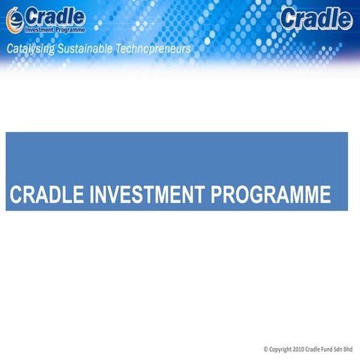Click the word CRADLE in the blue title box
pyautogui.click(x=47, y=195)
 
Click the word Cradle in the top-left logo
pyautogui.click(x=54, y=16)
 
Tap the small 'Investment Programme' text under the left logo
pyautogui.click(x=55, y=30)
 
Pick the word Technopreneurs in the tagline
pyautogui.click(x=157, y=49)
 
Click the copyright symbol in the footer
pyautogui.click(x=265, y=349)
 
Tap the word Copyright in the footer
pyautogui.click(x=282, y=349)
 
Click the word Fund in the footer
pyautogui.click(x=329, y=349)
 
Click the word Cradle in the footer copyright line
pyautogui.click(x=317, y=349)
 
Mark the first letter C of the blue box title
pyautogui.click(x=16, y=195)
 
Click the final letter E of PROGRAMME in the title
pyautogui.click(x=325, y=195)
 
